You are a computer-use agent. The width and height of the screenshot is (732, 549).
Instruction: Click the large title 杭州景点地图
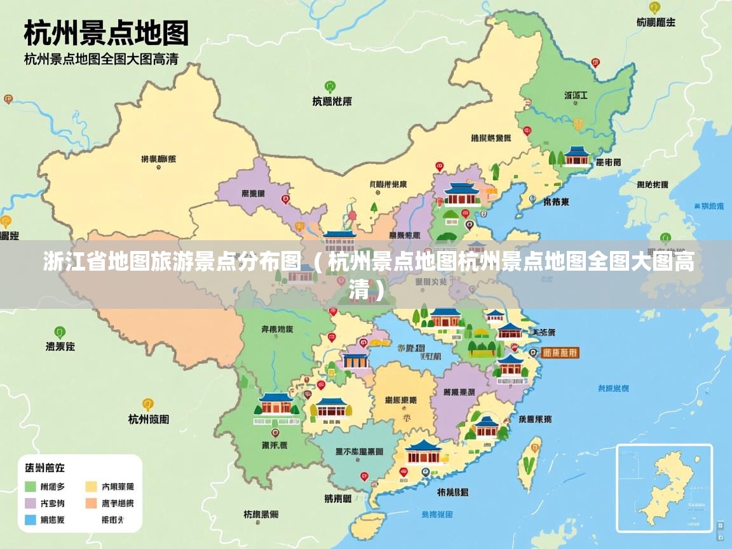coord(106,32)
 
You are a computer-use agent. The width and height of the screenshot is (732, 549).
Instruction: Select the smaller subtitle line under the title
coord(100,60)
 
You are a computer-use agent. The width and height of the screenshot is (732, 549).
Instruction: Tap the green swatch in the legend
coord(30,487)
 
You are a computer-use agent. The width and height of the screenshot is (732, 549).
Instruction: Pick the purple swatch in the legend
coord(30,503)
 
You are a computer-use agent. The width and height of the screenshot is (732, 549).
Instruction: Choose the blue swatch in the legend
coord(30,520)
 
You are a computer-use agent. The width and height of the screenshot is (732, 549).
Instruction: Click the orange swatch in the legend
coord(91,503)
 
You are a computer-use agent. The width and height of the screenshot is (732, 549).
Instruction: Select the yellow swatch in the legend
coord(91,487)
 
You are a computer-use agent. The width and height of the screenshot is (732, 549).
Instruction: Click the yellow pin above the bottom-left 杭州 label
coord(148,404)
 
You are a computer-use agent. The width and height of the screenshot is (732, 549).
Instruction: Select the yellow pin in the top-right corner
coord(654,8)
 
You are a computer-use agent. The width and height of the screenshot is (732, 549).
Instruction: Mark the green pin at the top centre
coord(330,86)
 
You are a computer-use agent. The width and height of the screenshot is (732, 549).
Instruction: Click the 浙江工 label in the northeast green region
coord(576,95)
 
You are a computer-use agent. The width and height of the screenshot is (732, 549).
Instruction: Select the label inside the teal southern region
coord(359,451)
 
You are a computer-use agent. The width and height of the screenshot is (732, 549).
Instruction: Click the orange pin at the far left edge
coord(6,222)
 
